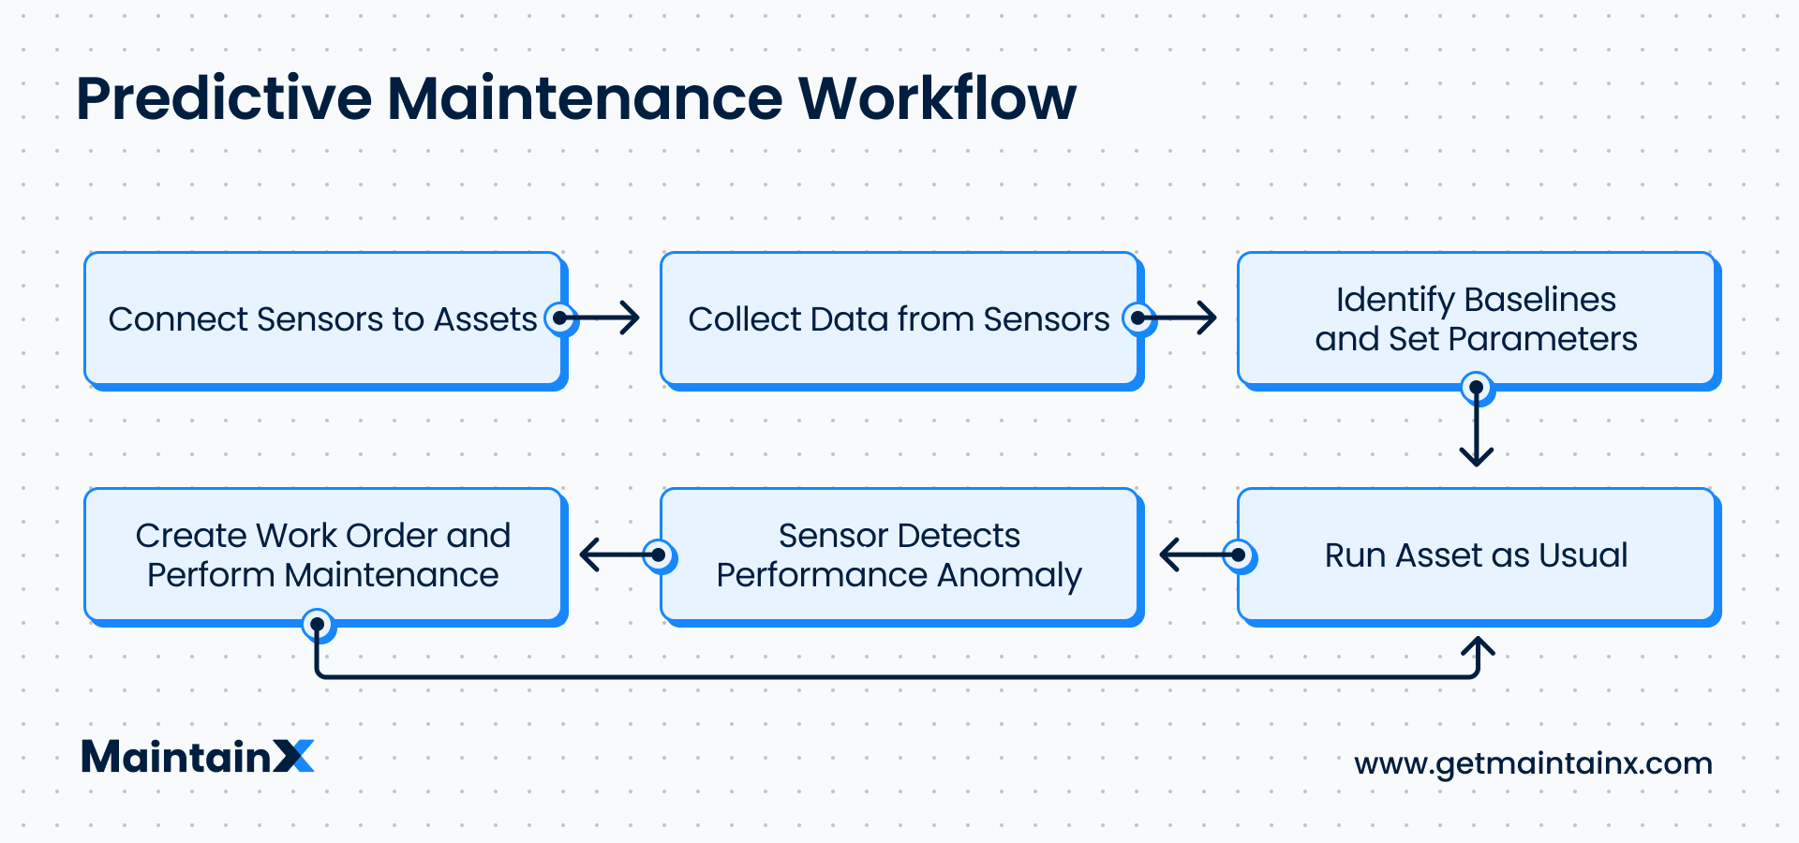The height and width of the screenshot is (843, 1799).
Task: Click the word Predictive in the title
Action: tap(224, 98)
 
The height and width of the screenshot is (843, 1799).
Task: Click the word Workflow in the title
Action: tap(937, 98)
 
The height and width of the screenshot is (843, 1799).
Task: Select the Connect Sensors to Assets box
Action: tap(323, 319)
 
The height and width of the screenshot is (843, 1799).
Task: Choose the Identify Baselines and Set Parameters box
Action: tap(1476, 319)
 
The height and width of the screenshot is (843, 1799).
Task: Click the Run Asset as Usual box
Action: tap(1476, 555)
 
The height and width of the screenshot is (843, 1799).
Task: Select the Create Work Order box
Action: tap(323, 555)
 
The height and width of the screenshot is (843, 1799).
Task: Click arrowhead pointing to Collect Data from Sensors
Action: tap(632, 318)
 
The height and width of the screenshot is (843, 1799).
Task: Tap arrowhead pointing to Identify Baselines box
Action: tap(1210, 318)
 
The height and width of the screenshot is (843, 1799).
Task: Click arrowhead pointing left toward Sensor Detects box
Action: tap(1167, 555)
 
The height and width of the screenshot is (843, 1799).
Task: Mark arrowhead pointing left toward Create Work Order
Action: tap(588, 555)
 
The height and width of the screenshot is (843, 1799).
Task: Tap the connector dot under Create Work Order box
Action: tap(318, 624)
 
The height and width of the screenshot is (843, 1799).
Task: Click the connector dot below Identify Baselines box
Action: tap(1477, 387)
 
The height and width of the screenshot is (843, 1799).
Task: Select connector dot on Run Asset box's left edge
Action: tap(1239, 555)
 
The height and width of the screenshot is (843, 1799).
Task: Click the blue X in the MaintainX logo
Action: tap(293, 756)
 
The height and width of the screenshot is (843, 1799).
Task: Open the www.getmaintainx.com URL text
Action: tap(1533, 763)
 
